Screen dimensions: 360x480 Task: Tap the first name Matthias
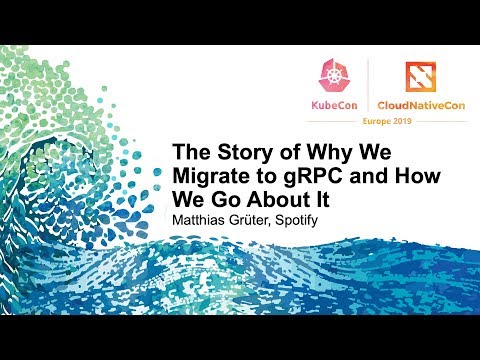pyautogui.click(x=206, y=218)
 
